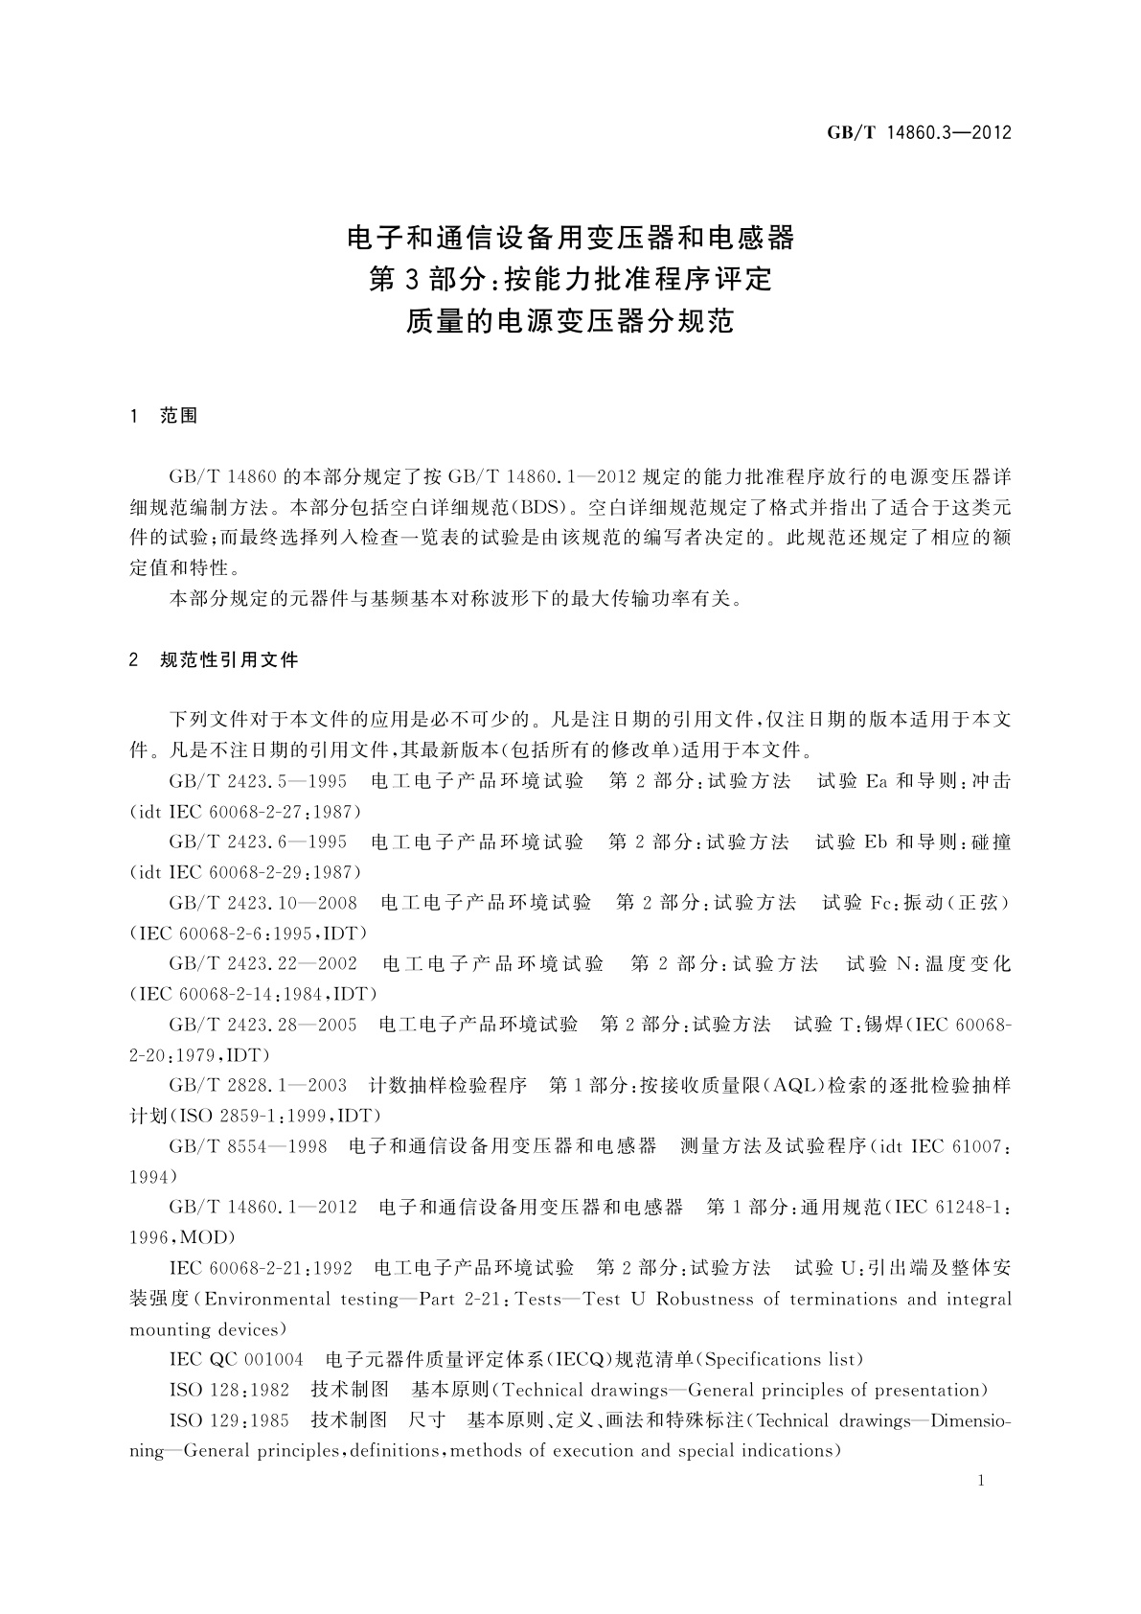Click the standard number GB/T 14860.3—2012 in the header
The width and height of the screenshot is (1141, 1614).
click(x=919, y=133)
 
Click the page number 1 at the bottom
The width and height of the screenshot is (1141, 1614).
click(x=980, y=1481)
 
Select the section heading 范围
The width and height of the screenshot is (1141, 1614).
click(x=179, y=416)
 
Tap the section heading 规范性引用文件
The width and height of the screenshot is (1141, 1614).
click(x=230, y=659)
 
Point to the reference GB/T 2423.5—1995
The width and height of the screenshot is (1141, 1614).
click(x=257, y=781)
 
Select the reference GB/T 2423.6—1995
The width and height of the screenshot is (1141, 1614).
click(x=257, y=842)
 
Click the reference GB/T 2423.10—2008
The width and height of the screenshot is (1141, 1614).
click(x=262, y=903)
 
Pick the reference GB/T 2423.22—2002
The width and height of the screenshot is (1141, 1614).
click(x=262, y=964)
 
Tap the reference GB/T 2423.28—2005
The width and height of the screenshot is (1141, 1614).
click(x=262, y=1025)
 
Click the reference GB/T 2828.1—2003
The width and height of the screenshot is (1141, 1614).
click(x=257, y=1086)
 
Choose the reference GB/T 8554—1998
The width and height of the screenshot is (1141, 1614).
click(x=247, y=1146)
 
